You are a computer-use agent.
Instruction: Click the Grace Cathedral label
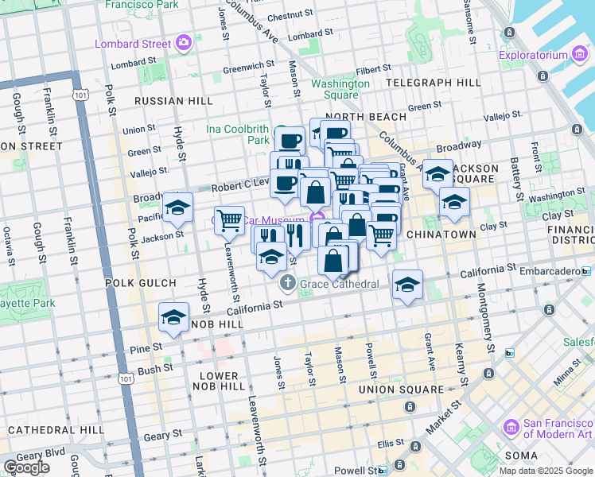pos(338,283)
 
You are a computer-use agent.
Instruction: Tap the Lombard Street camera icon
pos(185,42)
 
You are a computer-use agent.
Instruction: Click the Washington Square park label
pos(340,89)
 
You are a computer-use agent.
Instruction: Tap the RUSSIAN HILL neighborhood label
pos(173,101)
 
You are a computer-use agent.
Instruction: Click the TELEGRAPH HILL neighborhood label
pos(433,83)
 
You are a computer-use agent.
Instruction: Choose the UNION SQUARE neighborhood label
pos(401,390)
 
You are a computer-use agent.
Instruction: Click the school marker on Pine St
pos(173,318)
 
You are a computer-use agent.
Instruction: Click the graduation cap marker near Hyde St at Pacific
pos(177,207)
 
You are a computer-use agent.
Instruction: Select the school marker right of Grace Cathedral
pos(407,285)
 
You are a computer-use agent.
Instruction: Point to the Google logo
pos(26,467)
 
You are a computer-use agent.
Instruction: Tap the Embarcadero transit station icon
pos(587,271)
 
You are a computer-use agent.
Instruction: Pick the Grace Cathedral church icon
pos(287,283)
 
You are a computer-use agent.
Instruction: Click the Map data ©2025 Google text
pos(546,471)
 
